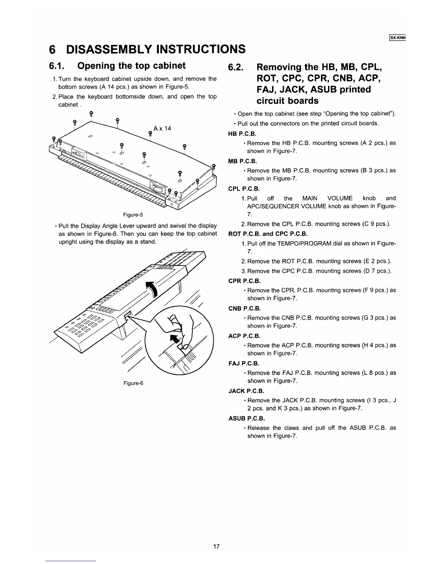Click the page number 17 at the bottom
click(216, 547)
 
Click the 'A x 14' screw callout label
click(162, 128)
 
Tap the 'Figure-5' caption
click(133, 215)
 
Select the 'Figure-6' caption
click(133, 383)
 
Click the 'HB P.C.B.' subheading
click(242, 134)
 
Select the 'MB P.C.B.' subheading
click(242, 161)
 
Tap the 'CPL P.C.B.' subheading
click(244, 189)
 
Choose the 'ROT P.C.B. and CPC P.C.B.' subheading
click(268, 234)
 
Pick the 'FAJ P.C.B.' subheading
click(244, 364)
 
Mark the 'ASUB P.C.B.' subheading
click(246, 418)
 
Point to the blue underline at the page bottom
click(71, 561)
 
